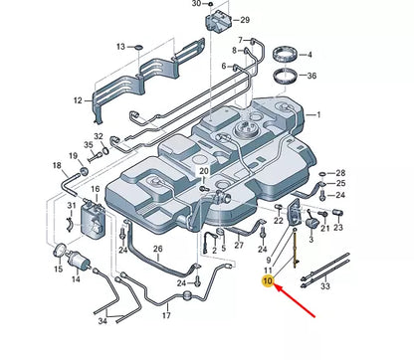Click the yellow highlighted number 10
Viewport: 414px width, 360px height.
pyautogui.click(x=266, y=281)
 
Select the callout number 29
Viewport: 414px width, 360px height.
pyautogui.click(x=245, y=20)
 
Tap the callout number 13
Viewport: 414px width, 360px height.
pyautogui.click(x=120, y=47)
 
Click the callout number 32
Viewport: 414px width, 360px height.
pyautogui.click(x=98, y=136)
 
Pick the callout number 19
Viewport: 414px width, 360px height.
pyautogui.click(x=74, y=156)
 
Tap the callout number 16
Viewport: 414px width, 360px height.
pyautogui.click(x=96, y=188)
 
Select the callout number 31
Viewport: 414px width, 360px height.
pyautogui.click(x=72, y=206)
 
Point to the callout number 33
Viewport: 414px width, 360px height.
pyautogui.click(x=324, y=286)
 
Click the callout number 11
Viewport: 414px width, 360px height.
pyautogui.click(x=267, y=270)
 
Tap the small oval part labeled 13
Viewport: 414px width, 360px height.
pyautogui.click(x=139, y=47)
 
